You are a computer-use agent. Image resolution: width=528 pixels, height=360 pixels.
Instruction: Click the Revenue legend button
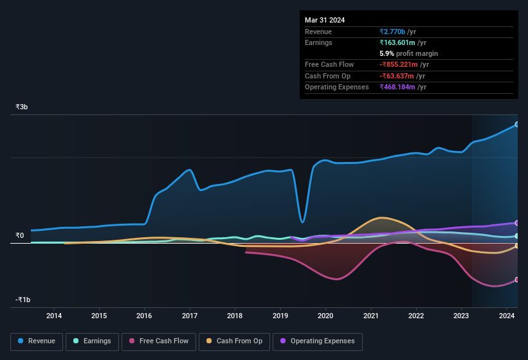point(37,341)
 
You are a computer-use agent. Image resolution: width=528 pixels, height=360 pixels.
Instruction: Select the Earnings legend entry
point(92,341)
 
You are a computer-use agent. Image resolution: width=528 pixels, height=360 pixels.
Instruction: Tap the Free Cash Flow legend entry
point(158,341)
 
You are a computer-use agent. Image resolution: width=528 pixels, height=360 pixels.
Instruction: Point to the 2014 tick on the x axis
point(54,316)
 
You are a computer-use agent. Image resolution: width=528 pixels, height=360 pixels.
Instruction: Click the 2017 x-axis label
point(190,316)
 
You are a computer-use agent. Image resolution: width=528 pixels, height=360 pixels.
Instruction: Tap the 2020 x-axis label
point(325,316)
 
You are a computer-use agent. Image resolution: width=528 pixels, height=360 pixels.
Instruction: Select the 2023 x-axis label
point(461,316)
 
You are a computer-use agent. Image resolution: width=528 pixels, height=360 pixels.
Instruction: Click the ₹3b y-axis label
point(22,107)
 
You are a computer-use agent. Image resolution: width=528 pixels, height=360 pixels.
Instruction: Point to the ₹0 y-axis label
point(19,235)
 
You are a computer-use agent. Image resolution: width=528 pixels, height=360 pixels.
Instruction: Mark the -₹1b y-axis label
point(23,300)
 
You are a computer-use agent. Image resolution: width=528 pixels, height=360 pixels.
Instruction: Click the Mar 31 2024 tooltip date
point(325,20)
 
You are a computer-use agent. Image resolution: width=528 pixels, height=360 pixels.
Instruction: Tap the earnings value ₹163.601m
point(402,42)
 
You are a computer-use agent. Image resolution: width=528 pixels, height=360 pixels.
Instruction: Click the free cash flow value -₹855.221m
point(403,65)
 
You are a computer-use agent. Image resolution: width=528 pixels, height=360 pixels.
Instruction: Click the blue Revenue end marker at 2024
point(517,124)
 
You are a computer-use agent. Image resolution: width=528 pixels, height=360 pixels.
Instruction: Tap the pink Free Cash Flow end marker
point(517,280)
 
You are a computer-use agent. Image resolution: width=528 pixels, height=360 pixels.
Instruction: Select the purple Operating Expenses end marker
point(517,222)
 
